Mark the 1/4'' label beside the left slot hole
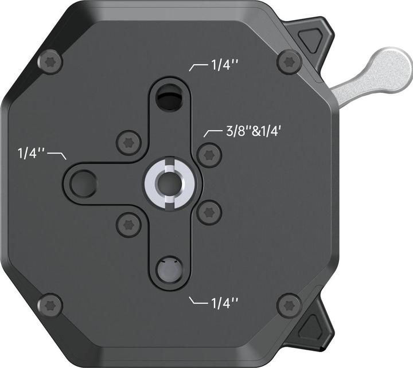[x=32, y=154]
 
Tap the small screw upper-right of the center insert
[x=208, y=154]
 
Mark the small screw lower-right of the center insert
[x=208, y=212]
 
